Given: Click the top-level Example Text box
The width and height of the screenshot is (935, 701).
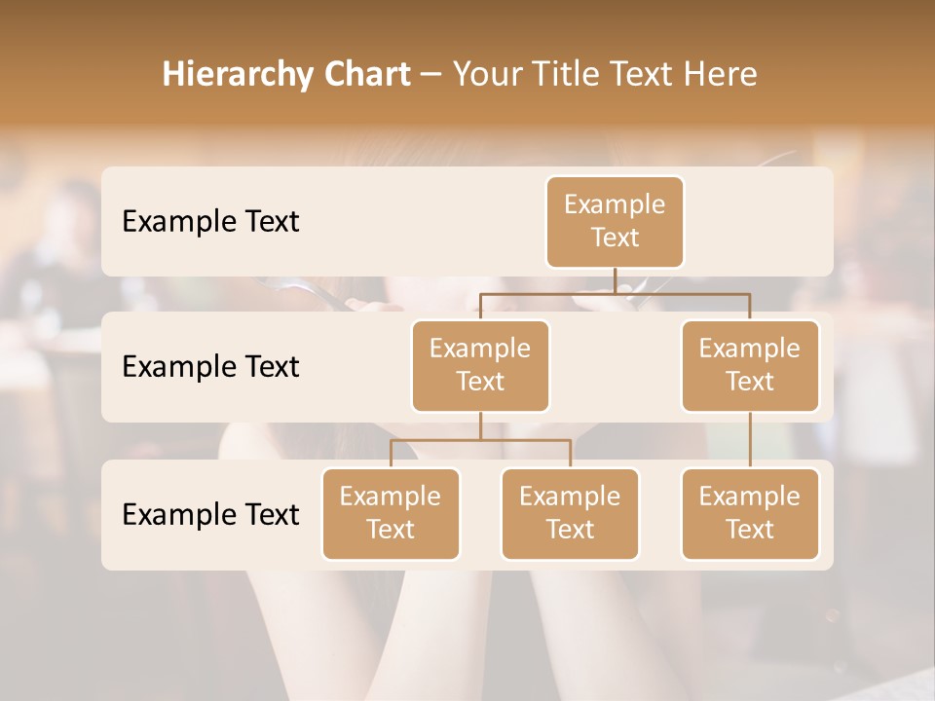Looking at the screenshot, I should [x=615, y=221].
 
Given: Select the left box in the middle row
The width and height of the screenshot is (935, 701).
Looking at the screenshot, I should [x=480, y=365].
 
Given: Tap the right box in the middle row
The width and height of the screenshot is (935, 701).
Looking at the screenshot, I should [x=750, y=365].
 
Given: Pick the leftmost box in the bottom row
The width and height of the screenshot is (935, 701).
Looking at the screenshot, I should [x=391, y=513].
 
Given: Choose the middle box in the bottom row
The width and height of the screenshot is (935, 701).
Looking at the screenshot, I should [x=570, y=513].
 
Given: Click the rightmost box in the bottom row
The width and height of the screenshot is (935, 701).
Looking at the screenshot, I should [x=750, y=513].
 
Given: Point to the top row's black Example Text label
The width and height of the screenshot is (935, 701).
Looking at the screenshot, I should [x=210, y=222].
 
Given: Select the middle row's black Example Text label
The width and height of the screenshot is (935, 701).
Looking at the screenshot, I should [x=210, y=367].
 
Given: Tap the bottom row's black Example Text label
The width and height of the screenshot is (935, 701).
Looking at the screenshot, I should [x=210, y=514].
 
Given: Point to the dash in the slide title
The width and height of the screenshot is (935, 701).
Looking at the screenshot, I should [x=431, y=75].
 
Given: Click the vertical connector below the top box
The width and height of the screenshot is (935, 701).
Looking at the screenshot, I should [x=615, y=280].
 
